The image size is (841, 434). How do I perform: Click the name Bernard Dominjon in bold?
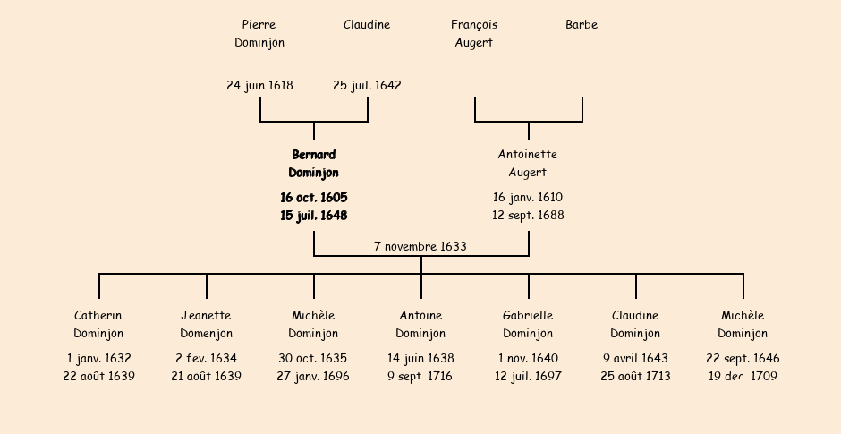[313, 164]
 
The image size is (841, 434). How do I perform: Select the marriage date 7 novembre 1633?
[420, 246]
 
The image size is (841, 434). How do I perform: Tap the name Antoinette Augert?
[528, 164]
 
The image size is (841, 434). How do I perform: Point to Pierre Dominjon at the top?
[259, 33]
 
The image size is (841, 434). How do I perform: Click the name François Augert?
[474, 33]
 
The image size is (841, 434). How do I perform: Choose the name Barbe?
[582, 25]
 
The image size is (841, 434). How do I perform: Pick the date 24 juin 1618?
[259, 86]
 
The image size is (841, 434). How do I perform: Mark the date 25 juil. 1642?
[367, 86]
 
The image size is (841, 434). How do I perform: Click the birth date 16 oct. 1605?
[313, 198]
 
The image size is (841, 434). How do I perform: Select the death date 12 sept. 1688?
[528, 216]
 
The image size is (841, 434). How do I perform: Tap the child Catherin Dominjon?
[98, 325]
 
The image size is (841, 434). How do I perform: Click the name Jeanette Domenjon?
[206, 325]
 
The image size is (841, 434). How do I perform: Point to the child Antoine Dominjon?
[420, 325]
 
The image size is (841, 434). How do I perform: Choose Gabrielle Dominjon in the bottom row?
[528, 325]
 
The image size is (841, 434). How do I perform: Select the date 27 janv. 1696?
[313, 377]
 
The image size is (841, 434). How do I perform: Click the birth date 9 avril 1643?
[635, 359]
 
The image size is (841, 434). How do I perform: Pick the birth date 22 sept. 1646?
[743, 359]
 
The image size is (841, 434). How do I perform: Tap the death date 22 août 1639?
[98, 377]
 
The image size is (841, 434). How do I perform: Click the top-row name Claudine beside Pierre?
[367, 25]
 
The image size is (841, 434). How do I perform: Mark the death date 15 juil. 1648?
[313, 216]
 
